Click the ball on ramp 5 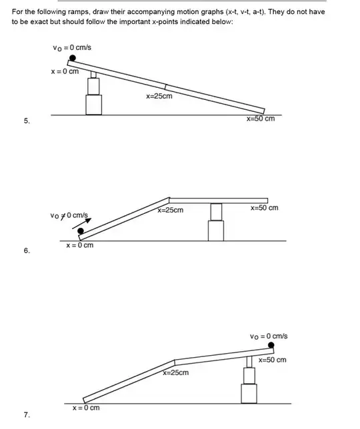point(72,58)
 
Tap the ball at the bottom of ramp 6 point(81,231)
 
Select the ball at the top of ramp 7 point(271,345)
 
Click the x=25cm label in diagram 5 point(159,96)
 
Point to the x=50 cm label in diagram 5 point(261,119)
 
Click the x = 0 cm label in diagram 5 point(65,71)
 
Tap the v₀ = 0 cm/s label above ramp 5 point(72,47)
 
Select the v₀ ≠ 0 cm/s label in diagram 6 point(69,216)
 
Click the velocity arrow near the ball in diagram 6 point(82,223)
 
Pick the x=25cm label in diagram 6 point(170,210)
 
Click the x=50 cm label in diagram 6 point(264,208)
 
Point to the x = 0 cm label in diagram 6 point(79,245)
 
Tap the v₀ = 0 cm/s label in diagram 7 point(269,336)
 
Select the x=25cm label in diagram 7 point(175,372)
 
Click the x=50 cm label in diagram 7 point(273,360)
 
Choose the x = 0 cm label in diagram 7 point(86,408)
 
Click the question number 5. point(27,121)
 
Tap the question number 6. point(27,250)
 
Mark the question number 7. point(27,415)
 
